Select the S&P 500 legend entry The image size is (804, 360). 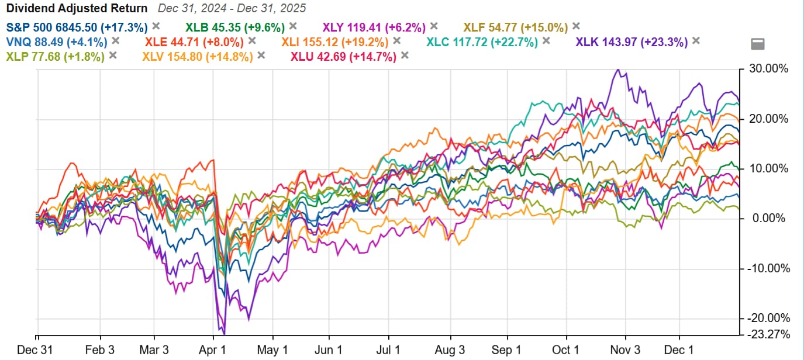coord(76,26)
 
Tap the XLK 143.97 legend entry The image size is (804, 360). coord(632,41)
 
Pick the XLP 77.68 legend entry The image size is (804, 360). coord(55,57)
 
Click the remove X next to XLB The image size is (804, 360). coord(293,26)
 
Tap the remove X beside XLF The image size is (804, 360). coord(576,26)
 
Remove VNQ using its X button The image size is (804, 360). coord(116,41)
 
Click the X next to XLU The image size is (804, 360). coord(405,56)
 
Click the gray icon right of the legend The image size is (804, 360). coord(757,44)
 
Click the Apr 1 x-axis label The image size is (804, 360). coord(215,349)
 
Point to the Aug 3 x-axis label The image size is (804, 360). coord(450,349)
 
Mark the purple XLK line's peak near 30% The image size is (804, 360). coord(616,70)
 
